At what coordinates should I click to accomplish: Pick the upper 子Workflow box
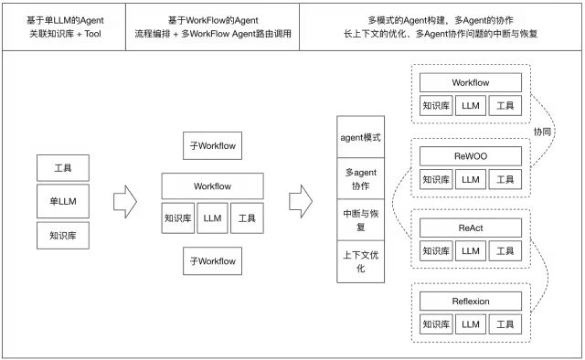tap(213, 145)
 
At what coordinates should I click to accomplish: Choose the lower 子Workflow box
tap(213, 260)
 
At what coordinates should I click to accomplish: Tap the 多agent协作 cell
tap(362, 178)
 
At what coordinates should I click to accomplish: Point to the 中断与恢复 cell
tap(362, 219)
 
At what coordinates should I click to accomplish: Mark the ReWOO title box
tap(471, 156)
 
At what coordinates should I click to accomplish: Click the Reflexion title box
tap(471, 301)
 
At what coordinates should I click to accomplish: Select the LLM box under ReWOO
tap(471, 179)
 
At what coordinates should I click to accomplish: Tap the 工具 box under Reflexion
tap(505, 323)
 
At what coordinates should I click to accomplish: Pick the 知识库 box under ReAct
tap(435, 251)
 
